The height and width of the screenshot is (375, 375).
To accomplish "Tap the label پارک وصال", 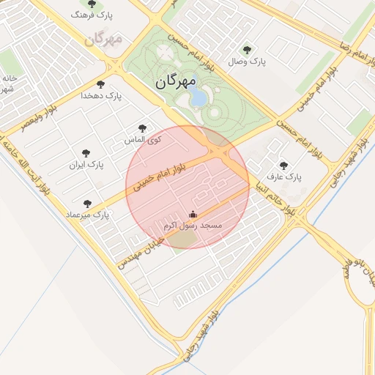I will [x=247, y=62].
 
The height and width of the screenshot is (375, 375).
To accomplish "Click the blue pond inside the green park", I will [x=198, y=97].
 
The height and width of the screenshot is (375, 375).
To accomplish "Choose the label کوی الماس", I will [x=145, y=139].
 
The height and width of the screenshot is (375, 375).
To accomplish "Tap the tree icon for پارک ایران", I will [x=86, y=154].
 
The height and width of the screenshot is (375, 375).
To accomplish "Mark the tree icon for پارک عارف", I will [x=283, y=166].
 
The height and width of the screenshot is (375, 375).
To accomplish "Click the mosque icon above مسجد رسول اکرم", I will [x=193, y=214].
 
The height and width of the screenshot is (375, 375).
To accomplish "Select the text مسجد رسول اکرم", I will [x=196, y=226].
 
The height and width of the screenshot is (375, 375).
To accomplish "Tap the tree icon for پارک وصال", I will [x=247, y=51].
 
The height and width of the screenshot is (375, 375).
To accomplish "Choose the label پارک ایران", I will [x=86, y=165].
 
